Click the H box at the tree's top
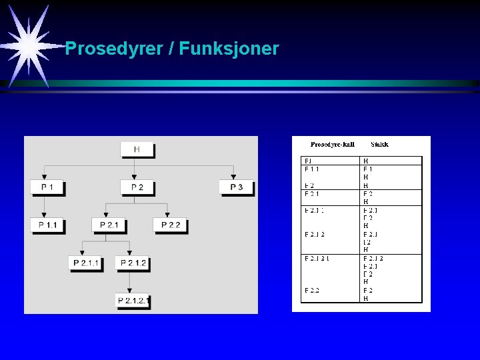tap(137, 149)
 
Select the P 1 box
tap(47, 187)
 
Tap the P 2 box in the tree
tap(137, 187)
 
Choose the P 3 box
tap(236, 187)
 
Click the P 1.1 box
tap(47, 225)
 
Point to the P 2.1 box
tap(109, 225)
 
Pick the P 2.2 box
tap(170, 225)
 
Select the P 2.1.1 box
tap(86, 263)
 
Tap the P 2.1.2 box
tap(133, 263)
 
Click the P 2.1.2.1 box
tap(133, 301)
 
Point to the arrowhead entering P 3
tap(233, 177)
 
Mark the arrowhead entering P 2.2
tap(168, 215)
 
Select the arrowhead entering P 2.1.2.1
tap(129, 291)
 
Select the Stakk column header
tap(379, 144)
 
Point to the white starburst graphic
tap(30, 45)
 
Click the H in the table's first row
tap(365, 161)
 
